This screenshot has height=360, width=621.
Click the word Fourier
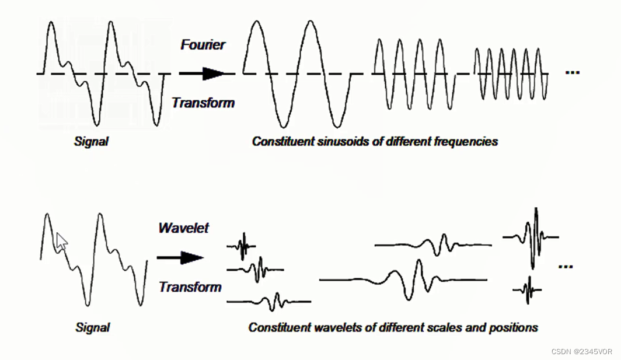point(203,45)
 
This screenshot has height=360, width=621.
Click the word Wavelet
point(183,228)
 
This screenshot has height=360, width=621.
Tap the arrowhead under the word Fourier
point(214,74)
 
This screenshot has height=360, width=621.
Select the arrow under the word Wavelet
point(180,258)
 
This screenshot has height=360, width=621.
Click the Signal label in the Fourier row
point(92,141)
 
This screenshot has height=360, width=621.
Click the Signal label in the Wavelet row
point(92,327)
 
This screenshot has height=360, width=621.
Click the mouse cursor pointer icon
point(61,240)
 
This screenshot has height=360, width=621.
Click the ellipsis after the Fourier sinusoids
point(572,72)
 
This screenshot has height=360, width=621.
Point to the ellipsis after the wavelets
point(565,266)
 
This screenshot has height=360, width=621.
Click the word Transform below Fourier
point(203,103)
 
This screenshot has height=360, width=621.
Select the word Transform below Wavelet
point(190,287)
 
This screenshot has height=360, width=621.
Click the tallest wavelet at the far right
point(535,237)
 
